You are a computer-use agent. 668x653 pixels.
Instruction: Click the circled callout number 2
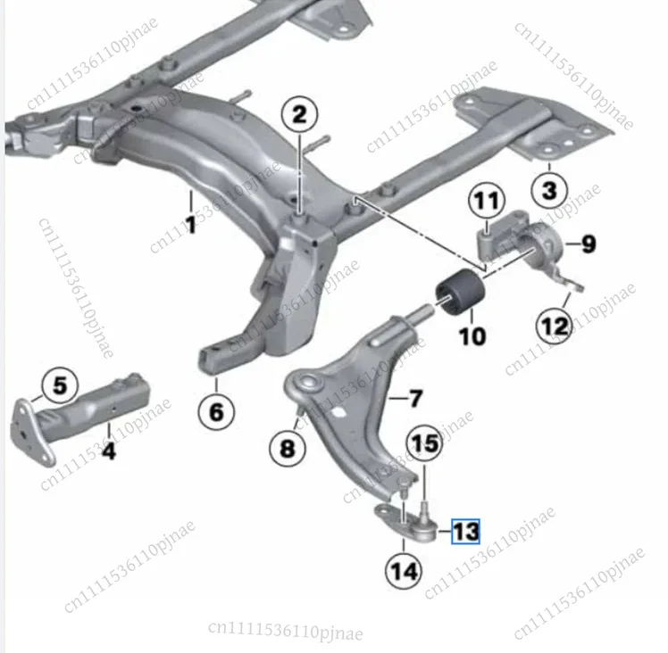tap(299, 115)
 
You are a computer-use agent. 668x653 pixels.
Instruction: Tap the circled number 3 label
tap(549, 190)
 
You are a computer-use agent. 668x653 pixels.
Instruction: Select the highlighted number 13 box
tap(465, 532)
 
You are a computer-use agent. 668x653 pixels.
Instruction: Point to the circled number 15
tap(425, 443)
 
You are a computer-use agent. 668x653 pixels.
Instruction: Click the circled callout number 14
tap(403, 571)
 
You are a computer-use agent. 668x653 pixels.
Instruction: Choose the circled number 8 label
tap(288, 448)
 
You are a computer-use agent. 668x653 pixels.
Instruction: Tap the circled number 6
tap(216, 411)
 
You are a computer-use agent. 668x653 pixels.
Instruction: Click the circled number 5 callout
tap(60, 385)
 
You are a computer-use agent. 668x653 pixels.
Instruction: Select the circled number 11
tap(487, 201)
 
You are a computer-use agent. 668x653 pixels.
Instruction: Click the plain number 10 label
tap(472, 335)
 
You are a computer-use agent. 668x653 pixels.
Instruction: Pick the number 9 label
tap(589, 244)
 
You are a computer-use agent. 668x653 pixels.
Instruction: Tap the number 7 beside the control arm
tap(415, 399)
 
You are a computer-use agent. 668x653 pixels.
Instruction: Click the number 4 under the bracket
tap(109, 450)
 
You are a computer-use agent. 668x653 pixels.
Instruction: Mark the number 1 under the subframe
tap(191, 224)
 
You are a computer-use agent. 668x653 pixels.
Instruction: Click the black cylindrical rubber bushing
tap(460, 293)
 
